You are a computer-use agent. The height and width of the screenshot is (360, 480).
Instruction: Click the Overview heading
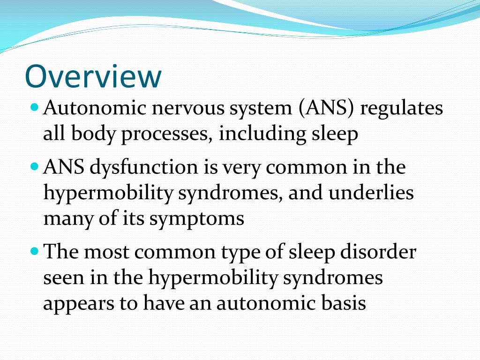pos(93,76)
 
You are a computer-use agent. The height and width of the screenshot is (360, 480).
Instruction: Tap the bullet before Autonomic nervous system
pos(33,107)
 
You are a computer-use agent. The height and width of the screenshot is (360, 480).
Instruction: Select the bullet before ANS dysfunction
pos(33,166)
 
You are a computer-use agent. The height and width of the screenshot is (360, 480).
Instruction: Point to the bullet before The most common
pos(33,252)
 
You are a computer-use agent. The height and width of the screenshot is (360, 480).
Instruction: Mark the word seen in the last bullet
pos(62,278)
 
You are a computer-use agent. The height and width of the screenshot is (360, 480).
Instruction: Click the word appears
pos(78,304)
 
